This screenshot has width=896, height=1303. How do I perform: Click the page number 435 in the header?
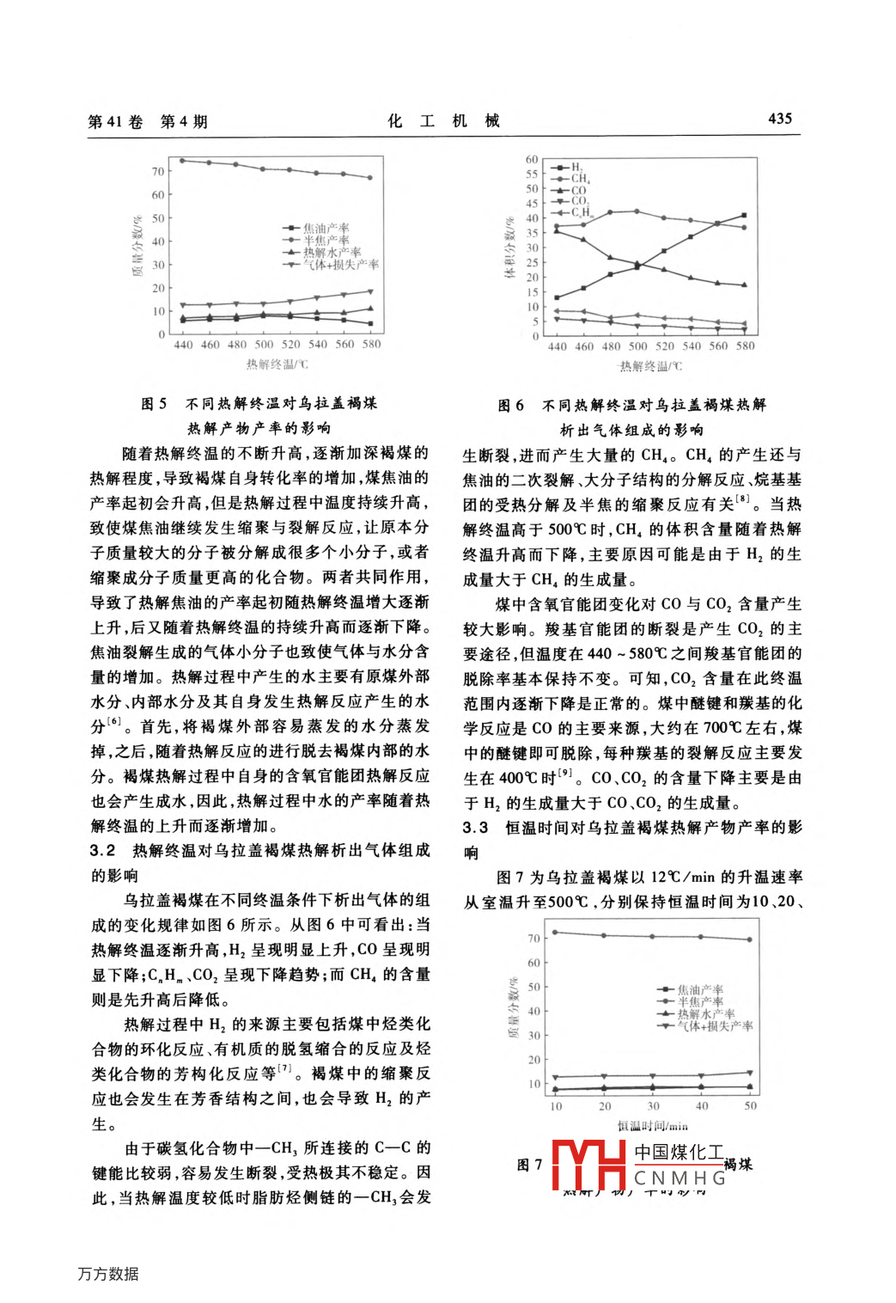tap(779, 119)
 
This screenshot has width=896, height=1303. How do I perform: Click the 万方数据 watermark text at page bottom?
tap(108, 1274)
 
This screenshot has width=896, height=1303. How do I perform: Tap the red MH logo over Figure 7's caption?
tap(589, 1165)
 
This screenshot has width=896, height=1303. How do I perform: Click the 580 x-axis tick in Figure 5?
tap(371, 345)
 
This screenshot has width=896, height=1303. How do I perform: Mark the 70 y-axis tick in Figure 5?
tap(158, 172)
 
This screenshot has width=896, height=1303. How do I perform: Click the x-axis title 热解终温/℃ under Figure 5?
tap(277, 364)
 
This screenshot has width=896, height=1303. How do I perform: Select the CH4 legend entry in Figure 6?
tap(580, 179)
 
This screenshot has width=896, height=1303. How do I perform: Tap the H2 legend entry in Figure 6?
tap(576, 168)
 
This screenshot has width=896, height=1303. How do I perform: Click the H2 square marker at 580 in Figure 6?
tap(744, 216)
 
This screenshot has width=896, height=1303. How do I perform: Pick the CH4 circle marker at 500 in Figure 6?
tap(637, 211)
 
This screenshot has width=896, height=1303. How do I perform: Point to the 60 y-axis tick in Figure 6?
tap(532, 160)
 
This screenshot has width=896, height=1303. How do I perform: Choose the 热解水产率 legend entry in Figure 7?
tap(705, 1014)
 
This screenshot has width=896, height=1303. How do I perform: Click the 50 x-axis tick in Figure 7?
tap(750, 1106)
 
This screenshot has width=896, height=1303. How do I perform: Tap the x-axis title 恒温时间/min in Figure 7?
tap(652, 1126)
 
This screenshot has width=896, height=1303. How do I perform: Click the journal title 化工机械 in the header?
tap(443, 120)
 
